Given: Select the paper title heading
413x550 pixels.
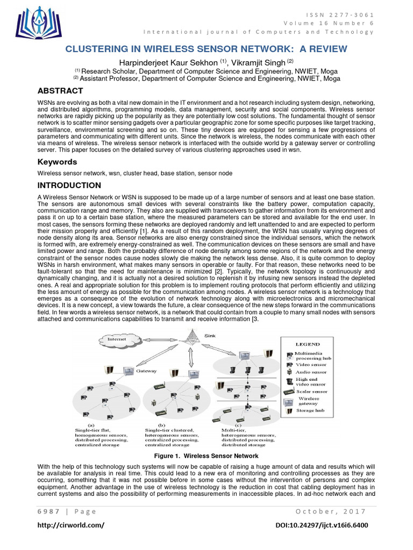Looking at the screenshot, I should click(x=206, y=49).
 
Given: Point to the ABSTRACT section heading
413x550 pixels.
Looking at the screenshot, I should click(x=60, y=91).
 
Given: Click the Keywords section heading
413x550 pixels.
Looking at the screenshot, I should click(x=57, y=162).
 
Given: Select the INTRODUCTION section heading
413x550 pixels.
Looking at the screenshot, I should click(x=69, y=185).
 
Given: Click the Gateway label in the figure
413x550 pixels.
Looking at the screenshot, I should click(x=147, y=371).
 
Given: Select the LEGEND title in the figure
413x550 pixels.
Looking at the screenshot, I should click(x=307, y=344).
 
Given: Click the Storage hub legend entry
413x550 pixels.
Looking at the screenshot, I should click(x=311, y=410).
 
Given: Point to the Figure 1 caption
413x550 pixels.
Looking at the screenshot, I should click(x=206, y=455).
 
